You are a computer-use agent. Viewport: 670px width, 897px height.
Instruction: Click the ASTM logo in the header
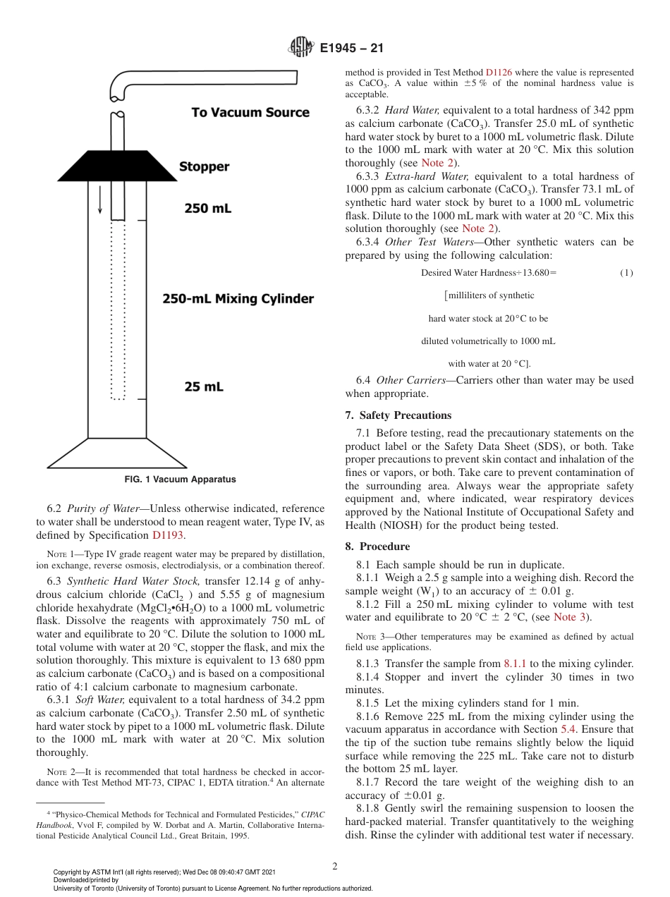tap(302, 48)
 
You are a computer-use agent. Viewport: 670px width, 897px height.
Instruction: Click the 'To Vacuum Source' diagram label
tap(250, 113)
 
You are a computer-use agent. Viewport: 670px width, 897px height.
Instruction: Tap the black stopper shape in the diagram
tap(116, 166)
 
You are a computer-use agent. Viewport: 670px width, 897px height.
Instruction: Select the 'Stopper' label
tap(204, 167)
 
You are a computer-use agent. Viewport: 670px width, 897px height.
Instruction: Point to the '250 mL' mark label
tap(207, 208)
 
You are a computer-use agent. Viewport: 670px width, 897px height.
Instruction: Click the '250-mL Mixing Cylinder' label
tap(238, 298)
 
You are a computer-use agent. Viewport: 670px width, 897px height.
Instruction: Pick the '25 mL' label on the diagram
tap(204, 386)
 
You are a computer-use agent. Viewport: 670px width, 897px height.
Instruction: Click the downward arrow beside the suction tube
tap(100, 200)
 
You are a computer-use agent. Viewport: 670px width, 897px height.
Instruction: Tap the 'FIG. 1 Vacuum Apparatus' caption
tap(180, 480)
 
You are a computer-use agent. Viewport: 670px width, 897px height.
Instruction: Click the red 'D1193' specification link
tap(168, 535)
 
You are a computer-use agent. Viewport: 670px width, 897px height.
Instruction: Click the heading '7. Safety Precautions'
tap(398, 415)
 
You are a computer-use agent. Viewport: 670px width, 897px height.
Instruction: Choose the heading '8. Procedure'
tap(377, 547)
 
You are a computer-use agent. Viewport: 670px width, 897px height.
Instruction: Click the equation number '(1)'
tap(626, 273)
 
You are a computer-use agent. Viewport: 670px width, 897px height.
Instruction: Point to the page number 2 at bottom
tap(335, 867)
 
